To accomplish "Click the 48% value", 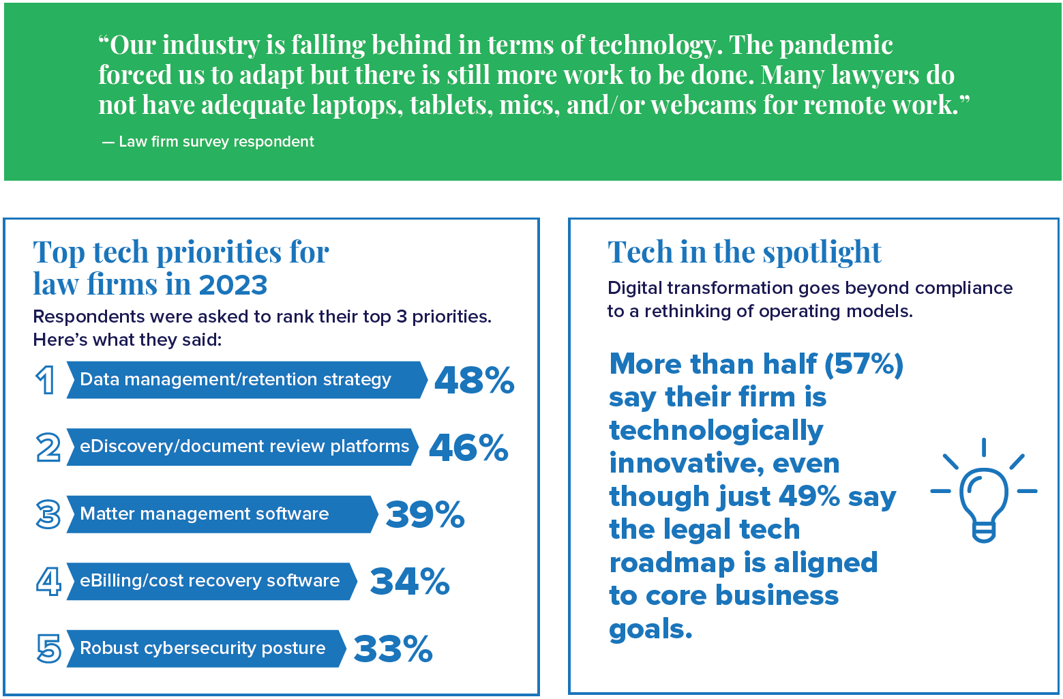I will point(474,380).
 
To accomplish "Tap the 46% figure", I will point(468,447).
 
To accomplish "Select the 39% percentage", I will point(425,514).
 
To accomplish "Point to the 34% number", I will point(409,581).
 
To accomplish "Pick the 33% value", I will point(393,649).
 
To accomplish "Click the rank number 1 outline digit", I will point(46,380).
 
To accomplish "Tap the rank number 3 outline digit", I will point(48,514).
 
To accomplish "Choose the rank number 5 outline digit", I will point(48,649).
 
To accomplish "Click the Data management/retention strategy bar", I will point(245,380).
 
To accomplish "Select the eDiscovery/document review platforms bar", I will point(242,447).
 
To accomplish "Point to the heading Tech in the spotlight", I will point(744,252).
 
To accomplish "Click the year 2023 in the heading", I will point(233,284).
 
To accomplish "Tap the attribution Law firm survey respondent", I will point(215,142).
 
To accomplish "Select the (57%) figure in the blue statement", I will point(863,363).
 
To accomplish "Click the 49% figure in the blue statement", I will point(809,496).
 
